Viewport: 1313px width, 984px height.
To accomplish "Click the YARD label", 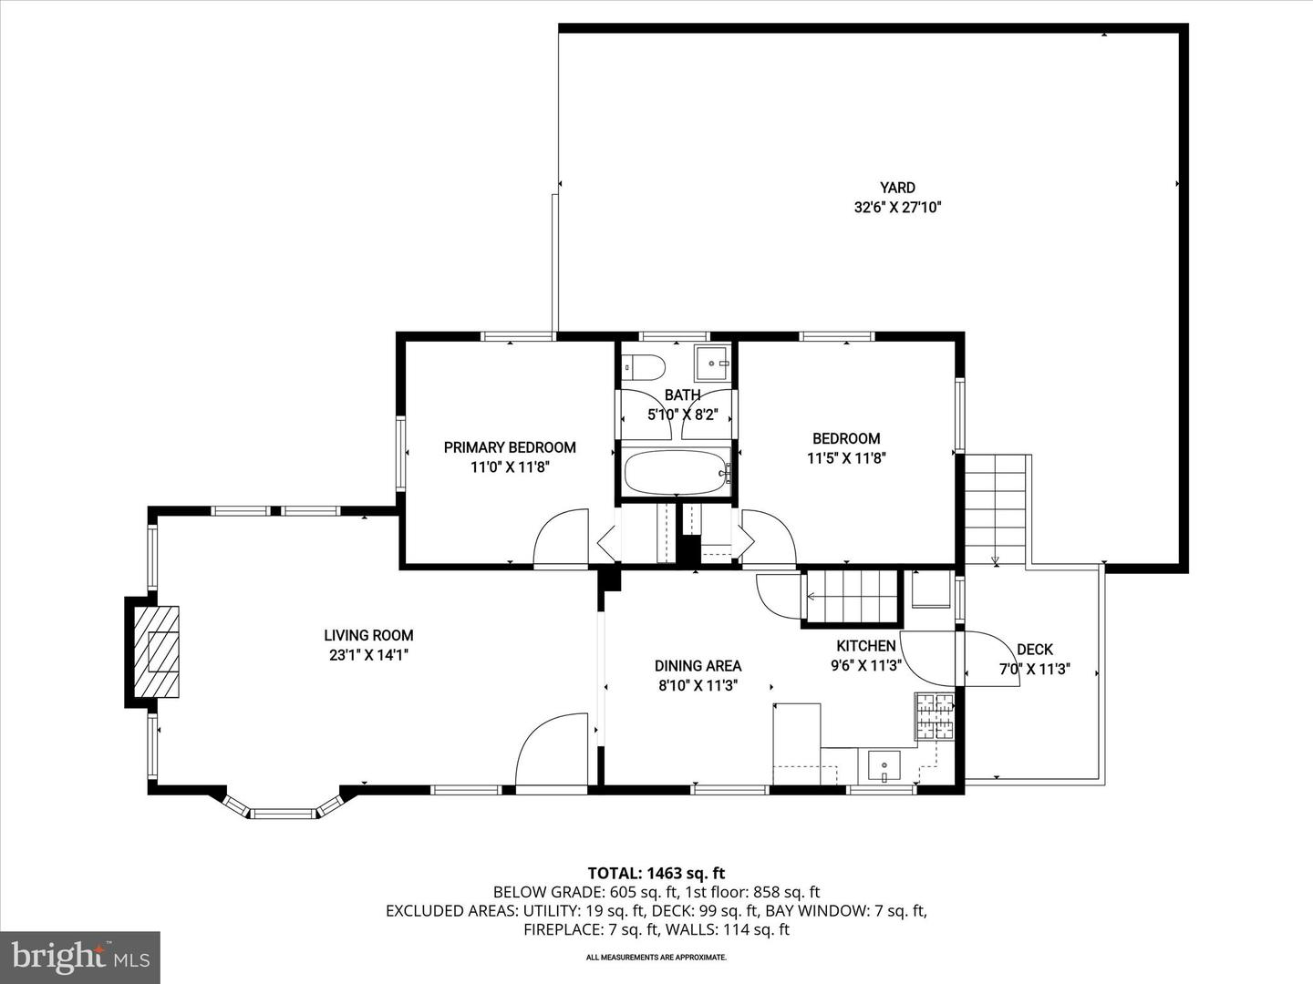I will point(897,188).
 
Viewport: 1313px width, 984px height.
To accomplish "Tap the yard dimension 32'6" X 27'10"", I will point(897,208).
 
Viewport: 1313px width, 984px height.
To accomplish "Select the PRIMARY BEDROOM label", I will point(510,447).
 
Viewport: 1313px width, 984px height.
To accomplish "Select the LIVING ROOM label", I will point(368,636).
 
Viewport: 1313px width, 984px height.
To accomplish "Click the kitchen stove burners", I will point(935,716).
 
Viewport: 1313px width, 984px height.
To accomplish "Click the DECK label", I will point(1034,650).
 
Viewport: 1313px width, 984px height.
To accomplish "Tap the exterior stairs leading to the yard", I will point(996,509).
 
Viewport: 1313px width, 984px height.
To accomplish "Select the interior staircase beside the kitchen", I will point(851,598).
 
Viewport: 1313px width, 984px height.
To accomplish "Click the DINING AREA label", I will point(698,666).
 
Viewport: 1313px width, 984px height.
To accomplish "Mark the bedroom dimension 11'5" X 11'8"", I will point(846,458).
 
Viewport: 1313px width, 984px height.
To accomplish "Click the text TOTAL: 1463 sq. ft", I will point(656,874).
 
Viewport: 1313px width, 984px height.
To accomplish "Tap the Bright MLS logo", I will point(80,957).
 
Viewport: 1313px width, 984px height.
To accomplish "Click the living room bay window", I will point(283,810).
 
